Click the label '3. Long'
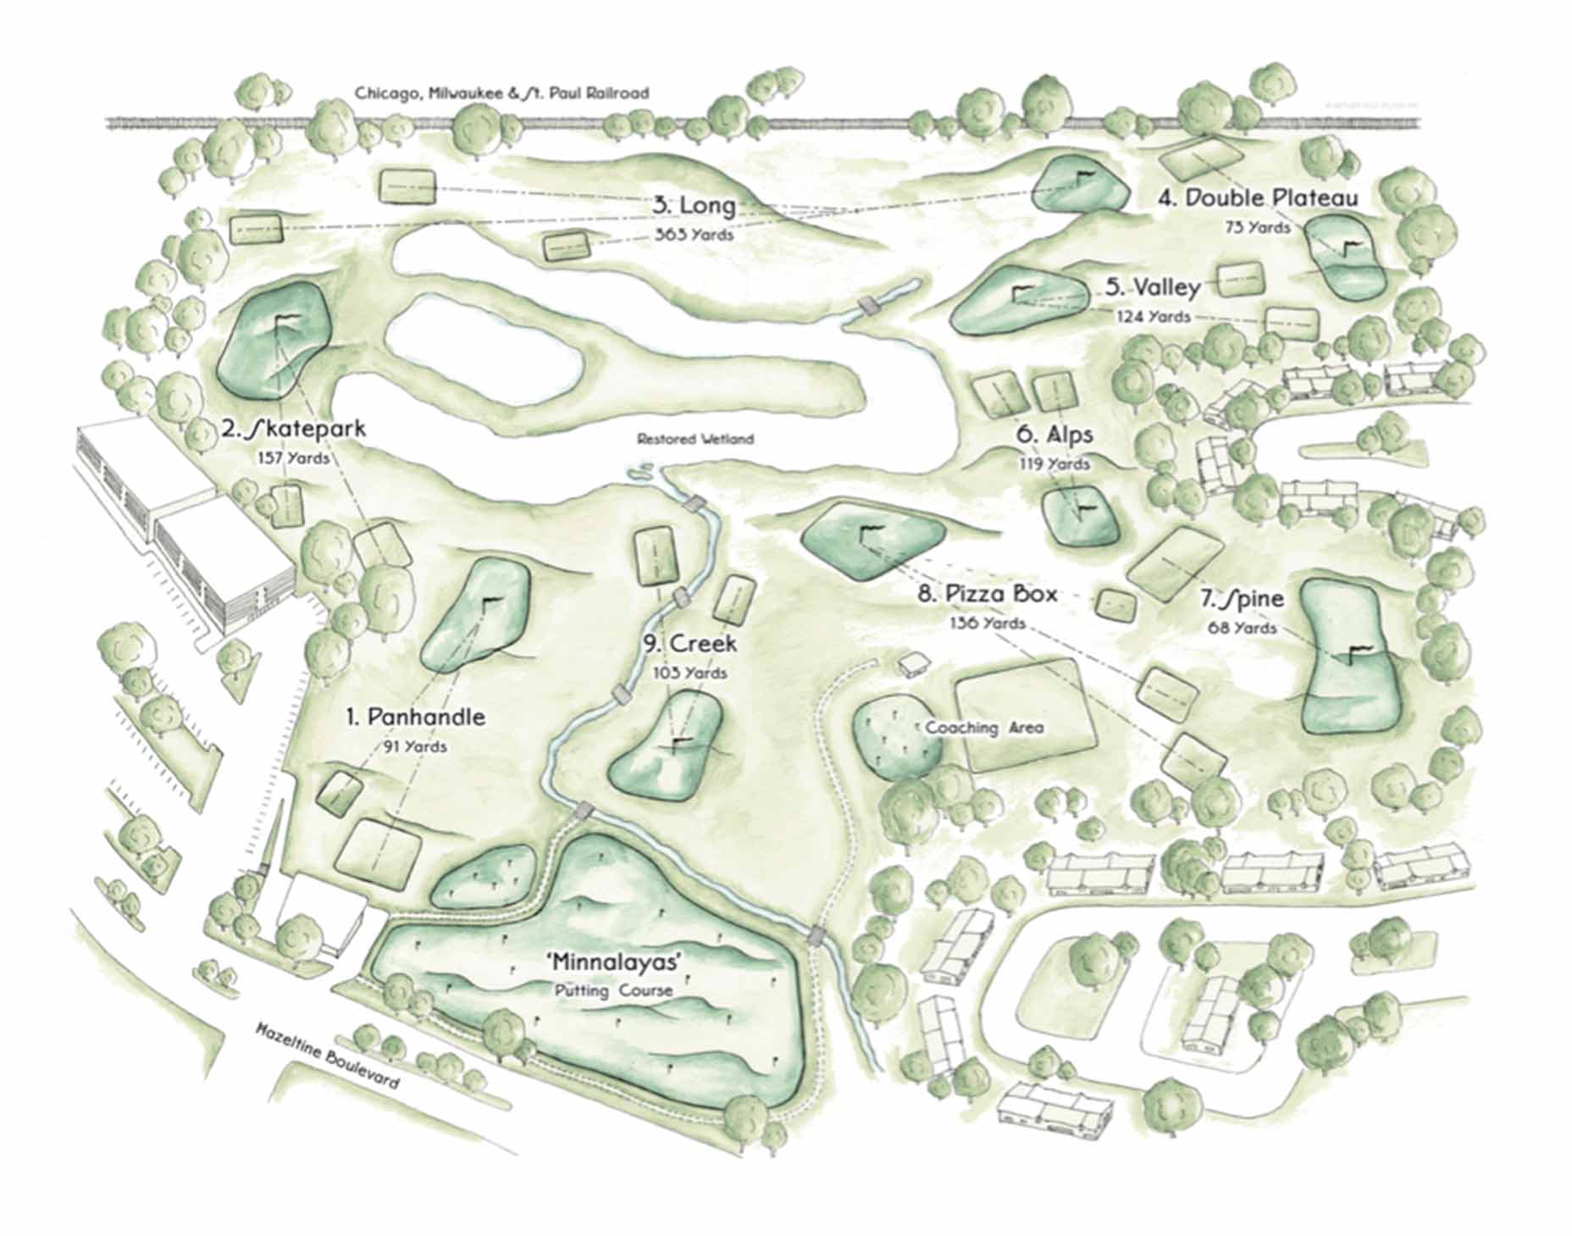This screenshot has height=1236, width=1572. [x=694, y=206]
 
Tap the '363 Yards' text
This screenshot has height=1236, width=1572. [x=694, y=235]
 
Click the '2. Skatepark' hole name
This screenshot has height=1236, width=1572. [x=294, y=430]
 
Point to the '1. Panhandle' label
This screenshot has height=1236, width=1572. [x=415, y=718]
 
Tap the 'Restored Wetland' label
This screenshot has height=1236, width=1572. [x=695, y=439]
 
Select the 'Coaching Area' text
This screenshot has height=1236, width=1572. [x=983, y=728]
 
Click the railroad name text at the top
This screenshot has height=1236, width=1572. [x=501, y=93]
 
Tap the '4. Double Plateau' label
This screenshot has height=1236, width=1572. [x=1259, y=198]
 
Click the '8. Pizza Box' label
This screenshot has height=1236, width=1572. [x=988, y=594]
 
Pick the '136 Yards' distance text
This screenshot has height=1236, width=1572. [x=988, y=624]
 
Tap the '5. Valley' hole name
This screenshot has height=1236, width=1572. [x=1153, y=288]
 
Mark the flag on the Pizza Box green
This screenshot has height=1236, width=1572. [x=869, y=534]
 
